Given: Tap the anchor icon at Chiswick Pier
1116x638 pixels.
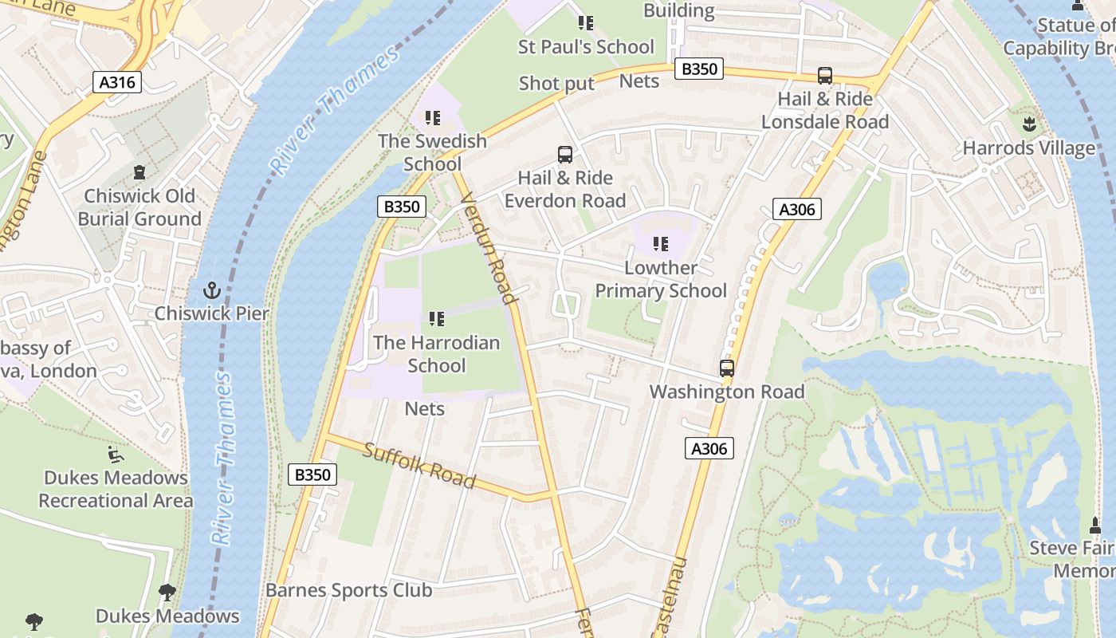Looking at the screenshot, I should pos(212,289).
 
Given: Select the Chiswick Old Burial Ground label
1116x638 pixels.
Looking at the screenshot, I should pos(139,207).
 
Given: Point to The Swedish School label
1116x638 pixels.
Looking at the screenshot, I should pos(432,152).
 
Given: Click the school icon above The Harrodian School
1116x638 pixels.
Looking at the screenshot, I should pos(436,319).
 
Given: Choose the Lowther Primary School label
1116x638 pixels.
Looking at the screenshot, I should pos(661,279).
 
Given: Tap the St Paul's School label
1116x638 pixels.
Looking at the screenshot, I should pos(586,47).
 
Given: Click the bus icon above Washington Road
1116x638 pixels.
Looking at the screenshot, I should pos(726,368).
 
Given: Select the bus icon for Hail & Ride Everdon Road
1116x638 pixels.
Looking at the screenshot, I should pos(564,155).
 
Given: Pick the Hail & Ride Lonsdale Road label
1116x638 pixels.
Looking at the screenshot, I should pos(825,111).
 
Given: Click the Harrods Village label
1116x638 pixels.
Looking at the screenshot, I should pos(1028,148).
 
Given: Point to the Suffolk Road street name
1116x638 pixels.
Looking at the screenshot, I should pos(419,466).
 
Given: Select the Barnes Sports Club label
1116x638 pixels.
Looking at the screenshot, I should pos(348,590).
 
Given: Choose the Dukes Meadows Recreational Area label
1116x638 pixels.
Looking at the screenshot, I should pos(116,489).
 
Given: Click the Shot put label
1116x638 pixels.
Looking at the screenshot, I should pos(556,83).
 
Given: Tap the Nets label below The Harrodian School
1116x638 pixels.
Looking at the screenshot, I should pos(425,408).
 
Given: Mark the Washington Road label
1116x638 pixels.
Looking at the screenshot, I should pos(726,392).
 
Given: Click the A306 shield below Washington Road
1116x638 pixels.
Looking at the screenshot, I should pos(709,449).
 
